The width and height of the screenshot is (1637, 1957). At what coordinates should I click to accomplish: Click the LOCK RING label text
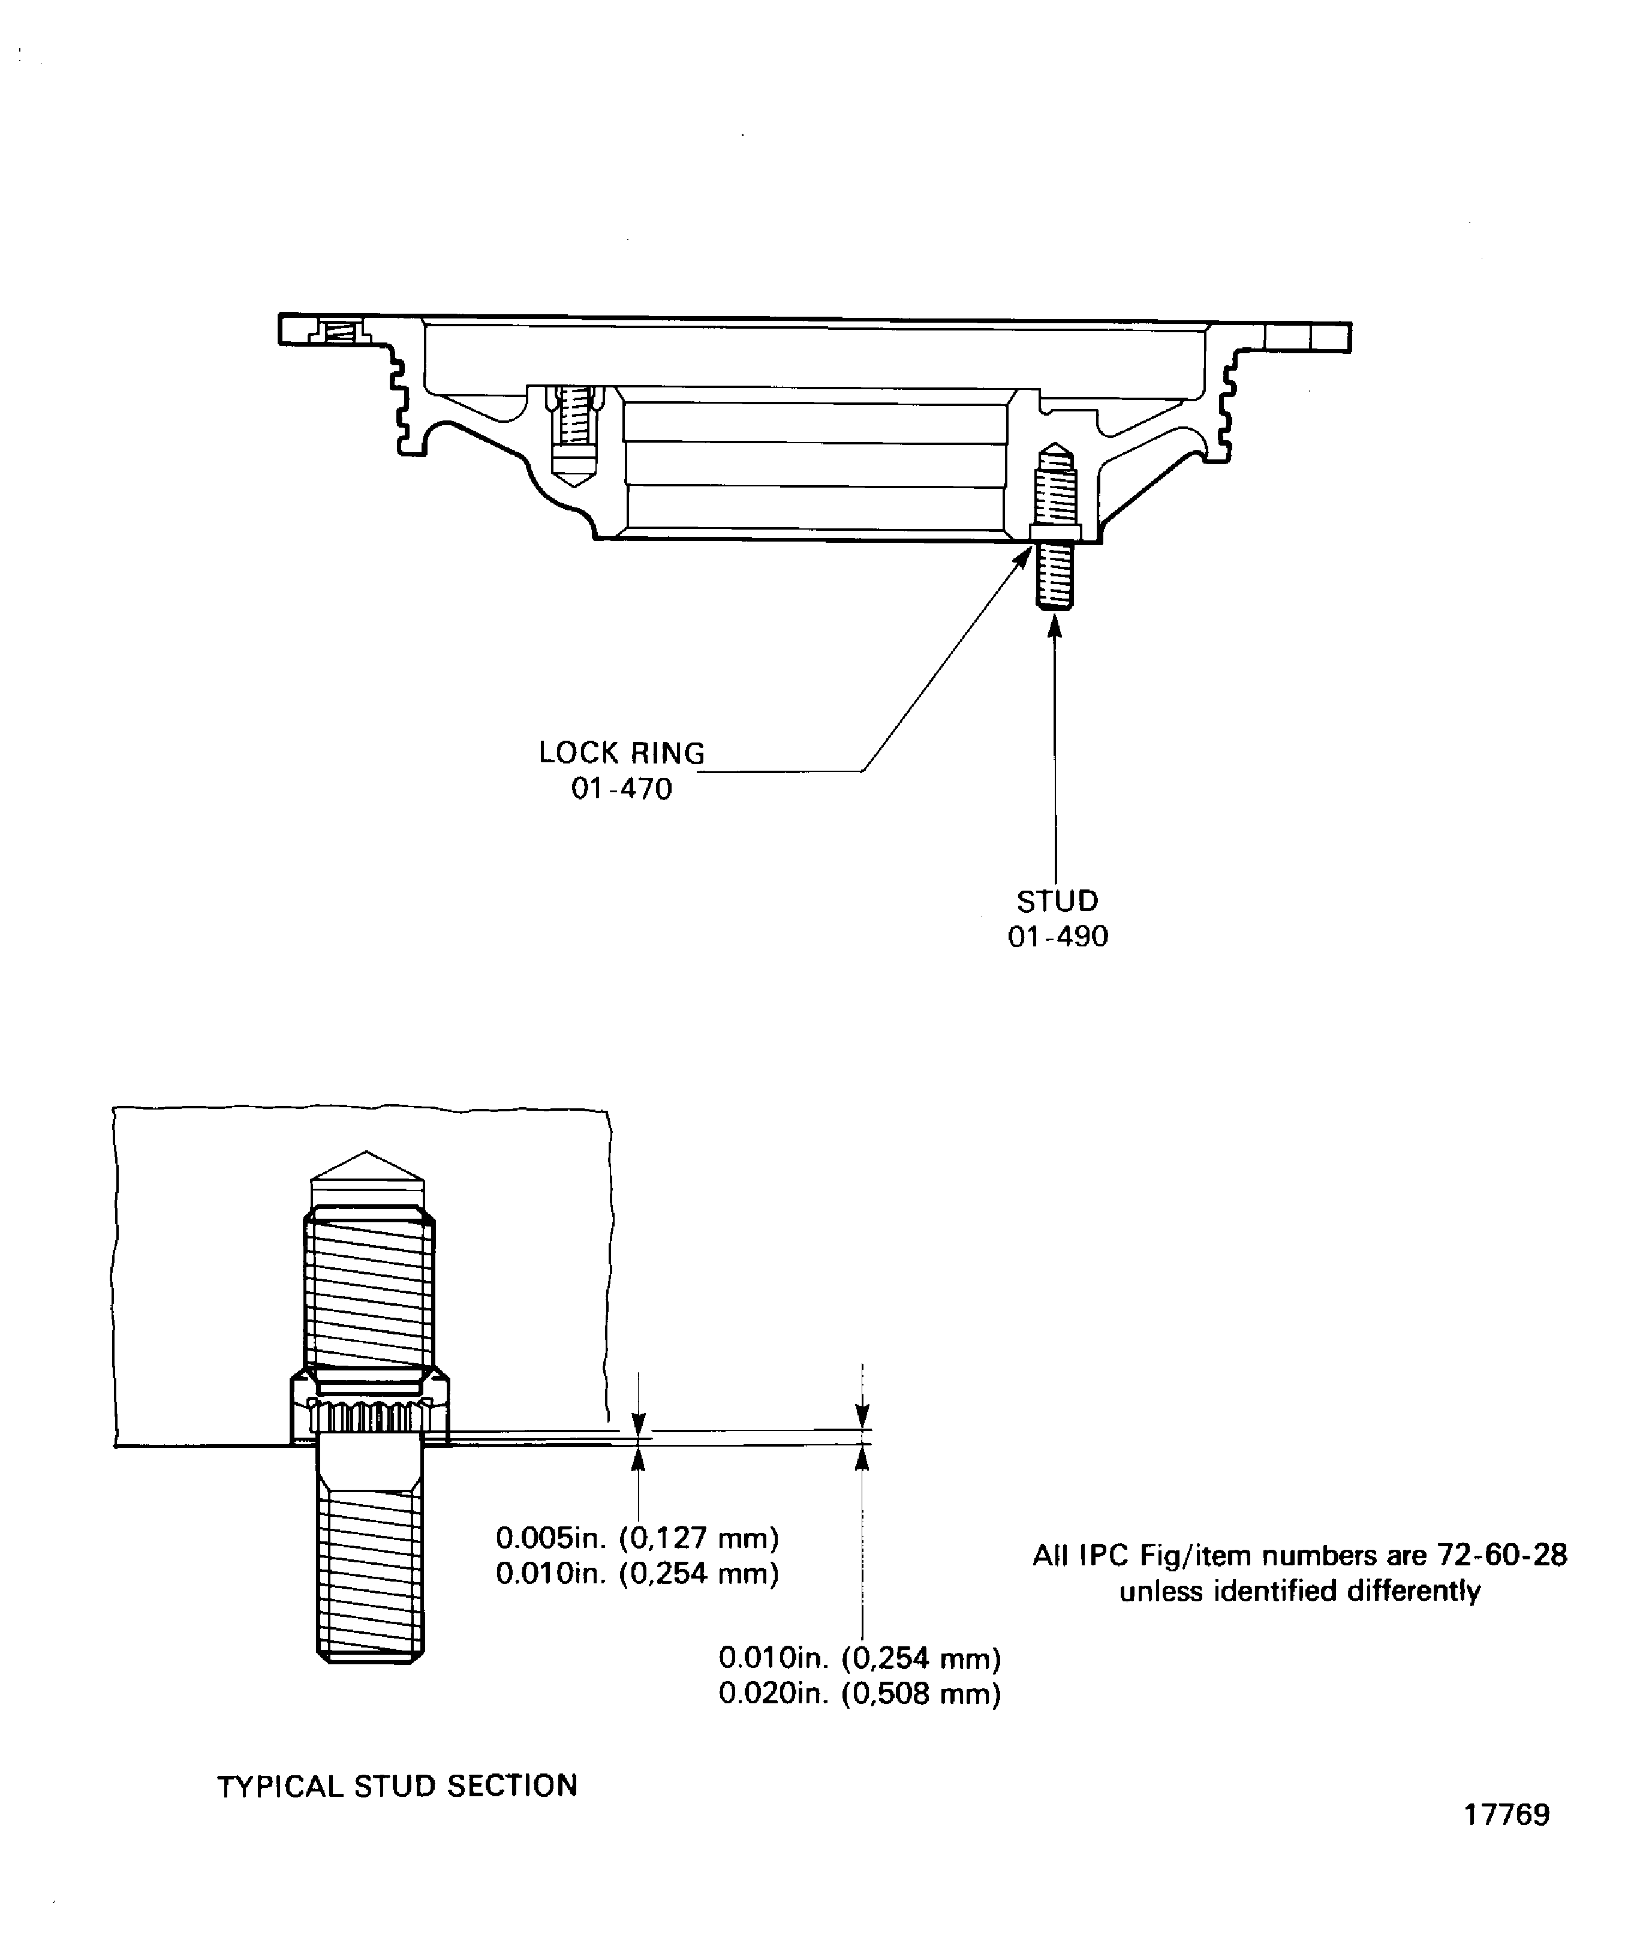point(621,753)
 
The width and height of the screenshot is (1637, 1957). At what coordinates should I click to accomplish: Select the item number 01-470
point(621,789)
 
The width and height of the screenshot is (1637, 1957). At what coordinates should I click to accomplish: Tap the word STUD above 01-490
point(1058,901)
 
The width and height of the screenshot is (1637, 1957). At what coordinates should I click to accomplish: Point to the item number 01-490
point(1058,937)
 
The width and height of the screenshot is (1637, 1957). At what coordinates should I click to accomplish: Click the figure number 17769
point(1506,1841)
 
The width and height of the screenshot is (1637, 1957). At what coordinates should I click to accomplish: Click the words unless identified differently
point(1300,1591)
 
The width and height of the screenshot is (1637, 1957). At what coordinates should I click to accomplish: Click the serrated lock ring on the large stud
point(369,1417)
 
